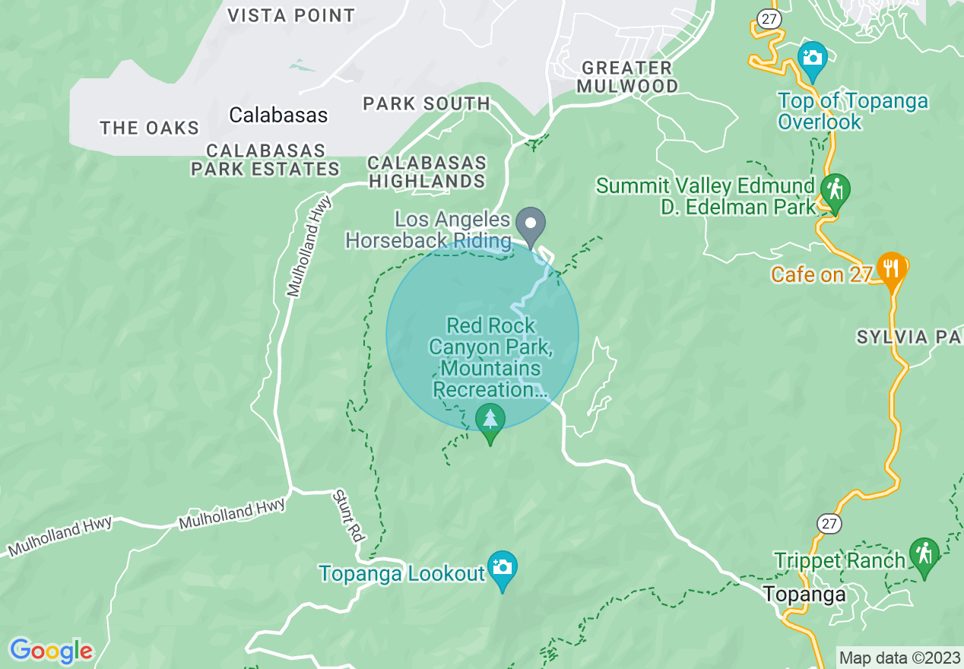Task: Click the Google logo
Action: tap(52, 651)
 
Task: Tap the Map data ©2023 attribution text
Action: tap(898, 658)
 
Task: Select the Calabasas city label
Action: tap(278, 116)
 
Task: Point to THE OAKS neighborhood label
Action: tap(149, 128)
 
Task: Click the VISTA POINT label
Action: tap(291, 15)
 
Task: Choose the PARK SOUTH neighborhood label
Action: tap(427, 103)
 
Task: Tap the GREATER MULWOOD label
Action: tap(627, 77)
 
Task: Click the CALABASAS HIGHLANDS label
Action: tap(427, 172)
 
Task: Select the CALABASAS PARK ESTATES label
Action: tap(265, 160)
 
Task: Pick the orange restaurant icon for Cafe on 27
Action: tap(890, 268)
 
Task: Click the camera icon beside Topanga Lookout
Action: tap(502, 567)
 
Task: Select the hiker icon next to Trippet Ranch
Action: tap(924, 554)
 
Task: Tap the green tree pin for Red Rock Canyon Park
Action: tap(490, 420)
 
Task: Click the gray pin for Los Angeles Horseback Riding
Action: tap(531, 224)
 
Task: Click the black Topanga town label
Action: tap(804, 594)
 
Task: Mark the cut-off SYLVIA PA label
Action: tap(909, 338)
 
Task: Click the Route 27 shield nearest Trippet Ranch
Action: tap(828, 523)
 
